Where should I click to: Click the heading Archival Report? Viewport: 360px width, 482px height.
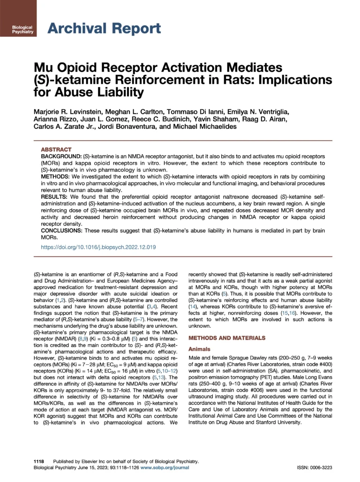coord(104,29)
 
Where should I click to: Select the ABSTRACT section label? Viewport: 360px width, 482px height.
coord(56,149)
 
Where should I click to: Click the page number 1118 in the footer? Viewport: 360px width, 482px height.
coord(39,461)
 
